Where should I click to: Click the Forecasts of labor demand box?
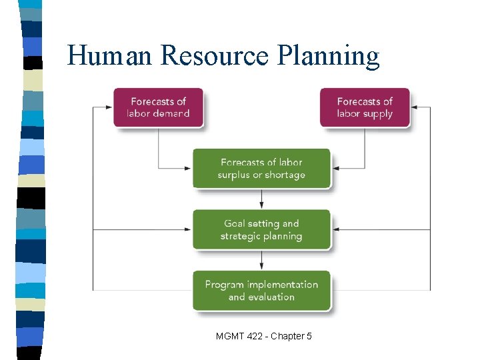pos(158,107)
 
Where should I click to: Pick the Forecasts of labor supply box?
pos(364,107)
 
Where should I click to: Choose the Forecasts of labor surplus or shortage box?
pos(261,169)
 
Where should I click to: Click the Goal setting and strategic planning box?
pos(261,230)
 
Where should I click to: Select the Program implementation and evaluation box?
pos(261,291)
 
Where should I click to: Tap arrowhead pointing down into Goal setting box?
pos(261,205)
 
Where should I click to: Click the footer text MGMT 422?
pos(241,337)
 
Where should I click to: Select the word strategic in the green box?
pos(240,237)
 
